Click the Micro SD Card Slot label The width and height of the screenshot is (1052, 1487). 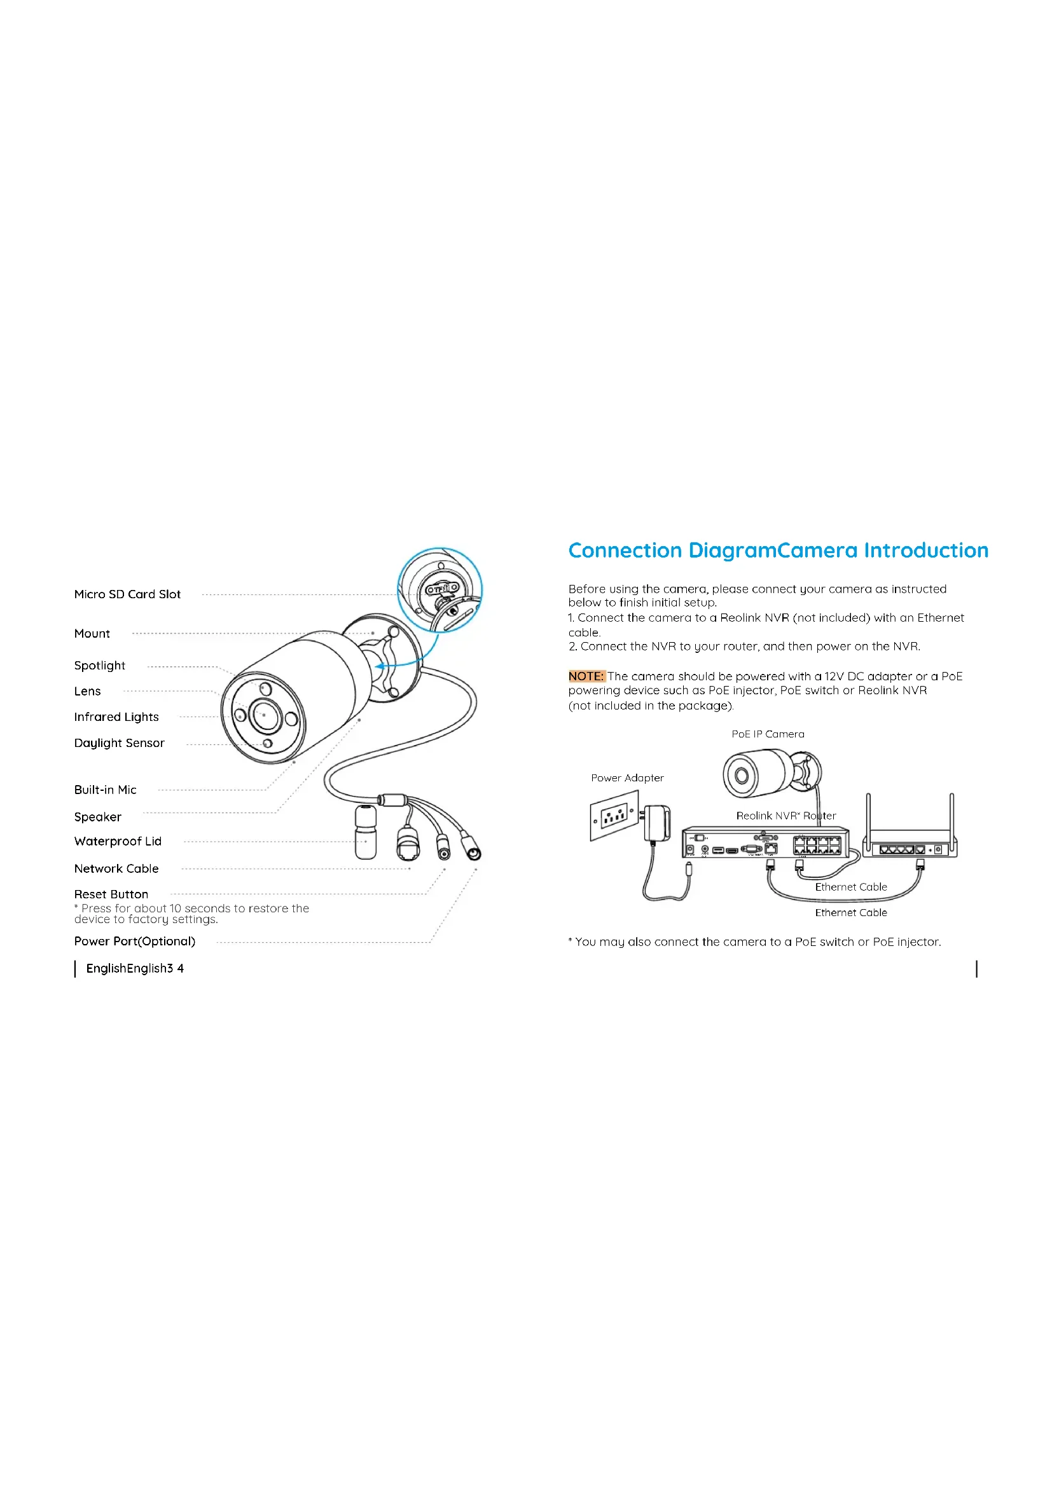tap(127, 594)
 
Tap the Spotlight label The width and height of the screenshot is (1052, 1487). tap(100, 666)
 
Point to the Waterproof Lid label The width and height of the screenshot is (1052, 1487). tap(118, 841)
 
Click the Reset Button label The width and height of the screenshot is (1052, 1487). tap(111, 894)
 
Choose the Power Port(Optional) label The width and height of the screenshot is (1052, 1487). tap(135, 941)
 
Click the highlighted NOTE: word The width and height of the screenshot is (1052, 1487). tap(586, 676)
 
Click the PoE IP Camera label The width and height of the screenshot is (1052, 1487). tap(768, 734)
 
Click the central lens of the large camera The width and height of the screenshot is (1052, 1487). tap(265, 715)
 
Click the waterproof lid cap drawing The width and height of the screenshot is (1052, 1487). tap(366, 832)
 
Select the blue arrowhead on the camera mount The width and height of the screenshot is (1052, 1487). tap(380, 666)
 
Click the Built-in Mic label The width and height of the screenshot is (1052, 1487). tap(105, 790)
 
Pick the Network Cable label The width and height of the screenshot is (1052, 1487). tap(116, 868)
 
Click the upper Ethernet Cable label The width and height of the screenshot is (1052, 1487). tap(850, 887)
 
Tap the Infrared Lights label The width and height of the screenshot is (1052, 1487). tap(116, 717)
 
